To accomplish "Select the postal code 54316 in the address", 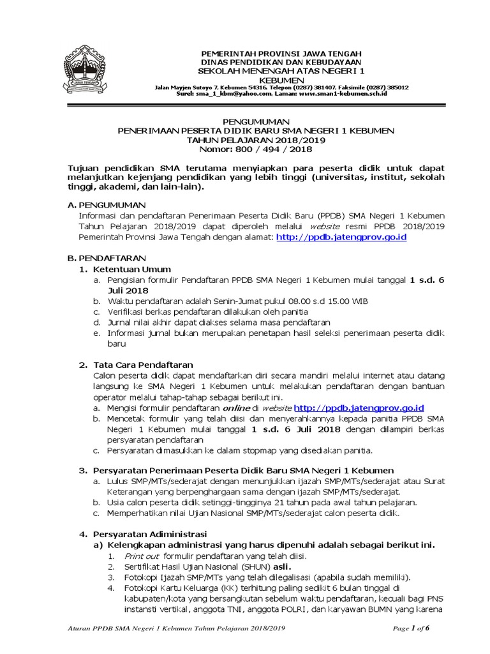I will click(x=258, y=87).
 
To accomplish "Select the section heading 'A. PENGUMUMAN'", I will click(x=107, y=205).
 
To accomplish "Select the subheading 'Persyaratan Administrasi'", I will click(x=150, y=534).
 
